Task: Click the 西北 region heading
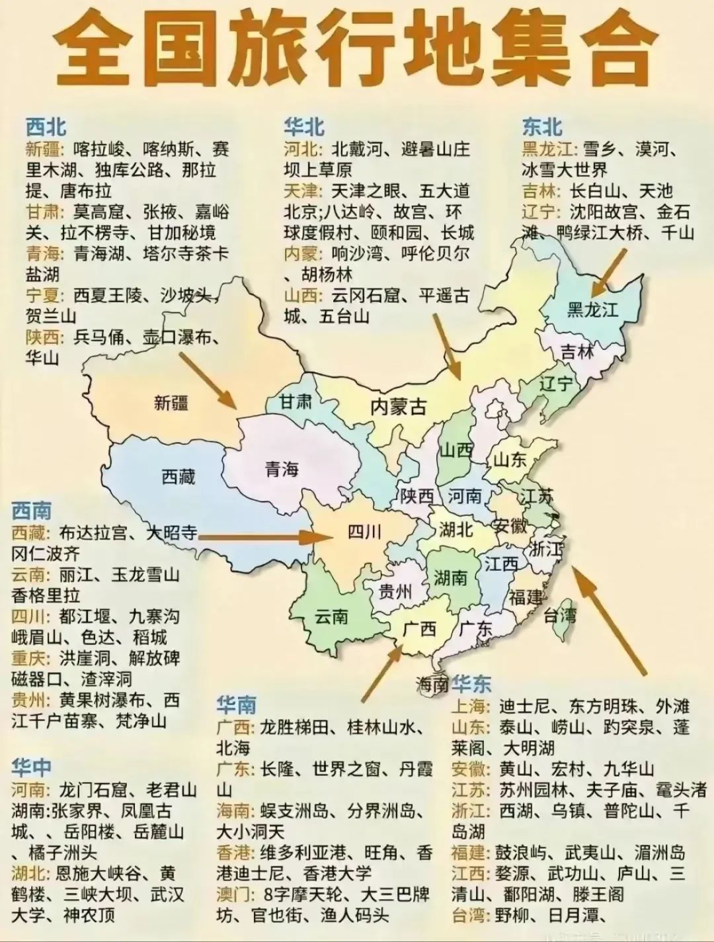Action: point(46,126)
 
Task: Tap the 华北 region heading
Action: point(304,126)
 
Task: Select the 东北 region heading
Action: point(542,126)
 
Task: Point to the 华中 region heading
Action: point(31,767)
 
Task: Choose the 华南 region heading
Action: point(236,705)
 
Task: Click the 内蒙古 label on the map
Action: point(398,406)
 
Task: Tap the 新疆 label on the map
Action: point(171,402)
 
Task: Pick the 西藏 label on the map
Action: point(178,476)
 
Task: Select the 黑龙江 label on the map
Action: point(592,309)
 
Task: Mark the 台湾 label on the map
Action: point(560,615)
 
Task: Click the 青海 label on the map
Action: point(282,469)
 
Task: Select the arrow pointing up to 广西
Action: point(381,673)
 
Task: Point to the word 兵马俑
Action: point(99,337)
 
